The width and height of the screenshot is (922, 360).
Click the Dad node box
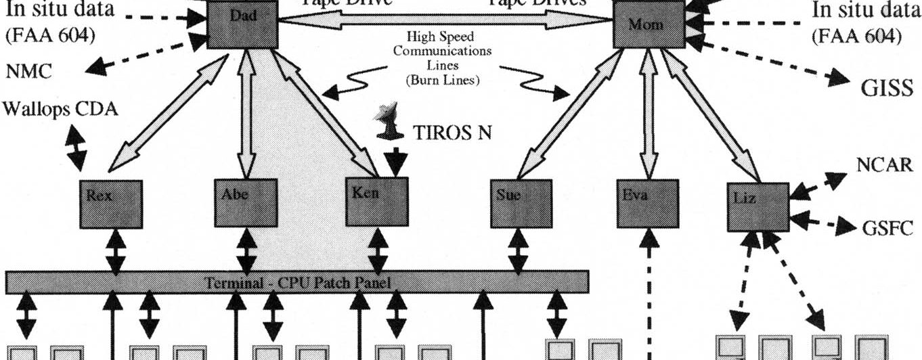[242, 24]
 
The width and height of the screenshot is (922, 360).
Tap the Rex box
[111, 204]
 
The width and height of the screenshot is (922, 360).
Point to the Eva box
[648, 203]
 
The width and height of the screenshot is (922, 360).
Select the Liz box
[758, 205]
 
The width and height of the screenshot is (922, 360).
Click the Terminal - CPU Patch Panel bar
[297, 282]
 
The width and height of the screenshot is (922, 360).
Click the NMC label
[28, 72]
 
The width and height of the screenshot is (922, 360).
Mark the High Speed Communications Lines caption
[444, 57]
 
